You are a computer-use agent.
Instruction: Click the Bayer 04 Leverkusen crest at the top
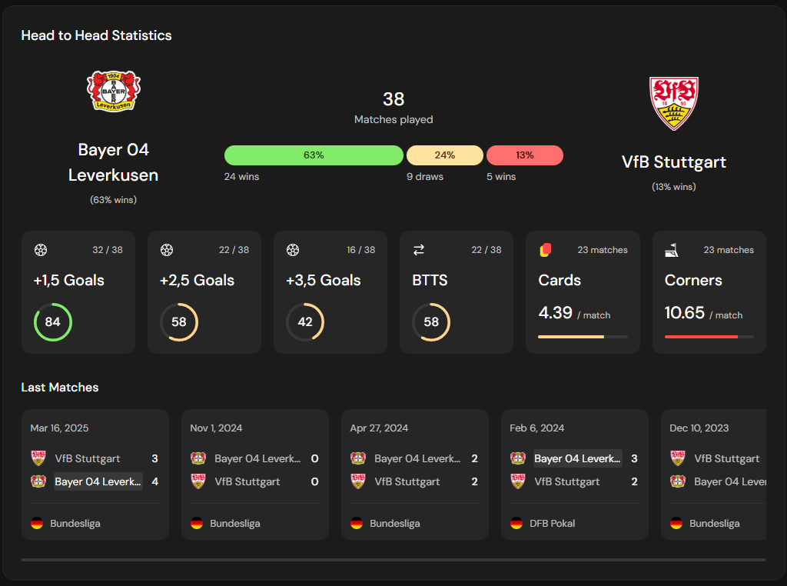point(114,91)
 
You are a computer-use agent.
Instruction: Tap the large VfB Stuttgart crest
point(673,103)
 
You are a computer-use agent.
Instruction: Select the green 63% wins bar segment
point(314,155)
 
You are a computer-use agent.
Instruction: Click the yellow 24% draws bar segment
point(445,155)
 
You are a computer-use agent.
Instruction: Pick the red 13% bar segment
point(525,155)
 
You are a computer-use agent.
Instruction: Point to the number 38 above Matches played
point(393,99)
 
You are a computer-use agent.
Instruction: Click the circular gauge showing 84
point(52,322)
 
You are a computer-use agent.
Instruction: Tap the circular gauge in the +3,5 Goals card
point(305,322)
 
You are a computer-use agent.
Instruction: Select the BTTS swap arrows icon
point(419,250)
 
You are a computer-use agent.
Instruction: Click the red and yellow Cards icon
point(546,250)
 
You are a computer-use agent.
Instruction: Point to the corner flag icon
point(671,250)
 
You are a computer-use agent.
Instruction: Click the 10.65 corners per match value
point(684,313)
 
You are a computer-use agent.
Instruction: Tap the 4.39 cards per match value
point(555,313)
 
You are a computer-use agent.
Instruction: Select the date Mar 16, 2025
point(60,428)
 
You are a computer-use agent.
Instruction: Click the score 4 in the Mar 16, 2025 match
point(154,482)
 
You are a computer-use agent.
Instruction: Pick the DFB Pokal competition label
point(553,524)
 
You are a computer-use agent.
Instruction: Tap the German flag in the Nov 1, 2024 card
point(197,524)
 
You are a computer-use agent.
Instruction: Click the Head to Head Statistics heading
point(97,35)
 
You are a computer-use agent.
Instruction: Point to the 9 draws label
point(425,177)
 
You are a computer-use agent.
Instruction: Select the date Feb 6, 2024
point(537,428)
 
